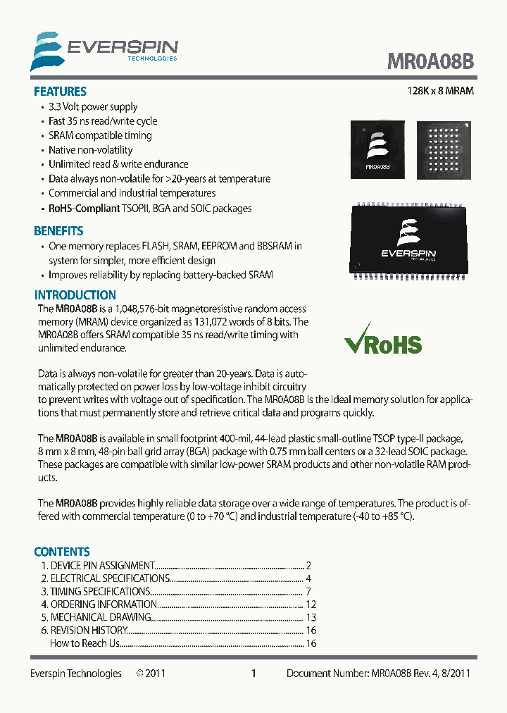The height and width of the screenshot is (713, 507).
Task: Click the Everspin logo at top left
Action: pyautogui.click(x=104, y=51)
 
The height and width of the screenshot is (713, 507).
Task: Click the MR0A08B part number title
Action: pyautogui.click(x=430, y=61)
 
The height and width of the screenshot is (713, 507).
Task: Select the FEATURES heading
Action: pyautogui.click(x=60, y=92)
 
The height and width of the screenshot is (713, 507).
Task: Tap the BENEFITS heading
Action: pyautogui.click(x=58, y=231)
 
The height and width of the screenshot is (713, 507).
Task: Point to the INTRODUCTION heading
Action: pyautogui.click(x=75, y=295)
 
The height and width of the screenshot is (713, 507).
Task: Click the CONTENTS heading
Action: pyautogui.click(x=62, y=552)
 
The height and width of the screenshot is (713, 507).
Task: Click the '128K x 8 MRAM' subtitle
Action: pyautogui.click(x=441, y=92)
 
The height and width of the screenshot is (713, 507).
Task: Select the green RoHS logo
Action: pyautogui.click(x=382, y=343)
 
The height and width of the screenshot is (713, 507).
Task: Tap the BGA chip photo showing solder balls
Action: pyautogui.click(x=442, y=149)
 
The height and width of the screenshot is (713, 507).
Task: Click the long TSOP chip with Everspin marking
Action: pyautogui.click(x=408, y=242)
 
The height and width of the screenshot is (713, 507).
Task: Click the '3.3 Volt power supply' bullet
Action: pyautogui.click(x=93, y=107)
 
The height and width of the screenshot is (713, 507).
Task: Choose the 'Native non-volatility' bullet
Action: pyautogui.click(x=90, y=150)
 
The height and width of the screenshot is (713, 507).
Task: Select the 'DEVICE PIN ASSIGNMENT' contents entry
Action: pyautogui.click(x=103, y=566)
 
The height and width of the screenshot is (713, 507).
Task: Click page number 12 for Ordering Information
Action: pyautogui.click(x=311, y=604)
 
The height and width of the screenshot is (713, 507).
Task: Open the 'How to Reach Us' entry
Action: pyautogui.click(x=84, y=643)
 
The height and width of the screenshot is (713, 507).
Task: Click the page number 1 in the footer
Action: pyautogui.click(x=254, y=674)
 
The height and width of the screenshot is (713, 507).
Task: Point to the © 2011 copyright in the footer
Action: pyautogui.click(x=151, y=674)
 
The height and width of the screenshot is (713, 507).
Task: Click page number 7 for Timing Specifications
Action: pyautogui.click(x=308, y=592)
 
